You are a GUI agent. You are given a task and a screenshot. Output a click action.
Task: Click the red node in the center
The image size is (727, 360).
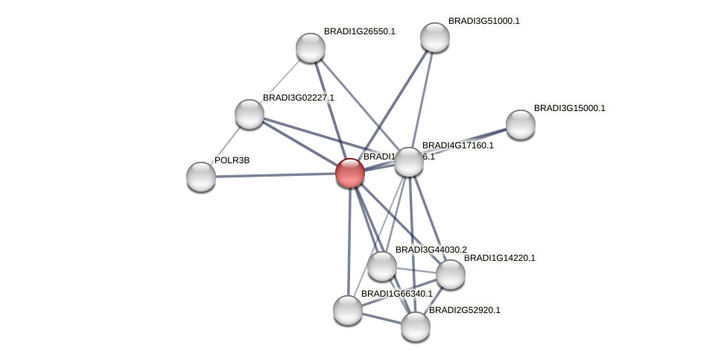(349, 173)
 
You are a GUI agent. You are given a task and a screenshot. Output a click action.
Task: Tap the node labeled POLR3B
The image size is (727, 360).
(201, 177)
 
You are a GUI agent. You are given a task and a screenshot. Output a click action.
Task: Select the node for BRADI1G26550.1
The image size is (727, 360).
(311, 48)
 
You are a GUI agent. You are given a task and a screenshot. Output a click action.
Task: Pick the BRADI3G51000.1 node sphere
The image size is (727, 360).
(435, 37)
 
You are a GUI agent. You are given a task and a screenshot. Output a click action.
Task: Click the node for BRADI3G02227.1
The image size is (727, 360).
(250, 114)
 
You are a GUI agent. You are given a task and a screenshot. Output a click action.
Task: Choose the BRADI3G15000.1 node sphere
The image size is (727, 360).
(521, 124)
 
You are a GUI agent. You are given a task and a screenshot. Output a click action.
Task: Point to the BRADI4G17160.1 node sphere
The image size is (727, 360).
(409, 162)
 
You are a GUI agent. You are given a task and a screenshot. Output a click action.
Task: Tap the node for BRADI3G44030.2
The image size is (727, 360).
(382, 266)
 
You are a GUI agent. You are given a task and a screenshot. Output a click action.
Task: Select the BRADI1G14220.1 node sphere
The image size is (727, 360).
(451, 274)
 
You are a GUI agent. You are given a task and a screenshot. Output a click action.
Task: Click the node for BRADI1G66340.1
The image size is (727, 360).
(348, 310)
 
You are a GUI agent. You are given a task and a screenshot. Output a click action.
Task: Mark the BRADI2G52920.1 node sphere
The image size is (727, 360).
(416, 326)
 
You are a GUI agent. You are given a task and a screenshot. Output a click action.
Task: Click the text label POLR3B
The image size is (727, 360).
(232, 160)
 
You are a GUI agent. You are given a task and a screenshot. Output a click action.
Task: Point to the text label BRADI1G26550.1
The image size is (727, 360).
(360, 31)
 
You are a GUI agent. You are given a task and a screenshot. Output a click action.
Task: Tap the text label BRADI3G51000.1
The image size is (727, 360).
(484, 21)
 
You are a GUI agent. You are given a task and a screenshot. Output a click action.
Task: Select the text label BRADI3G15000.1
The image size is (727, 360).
(570, 108)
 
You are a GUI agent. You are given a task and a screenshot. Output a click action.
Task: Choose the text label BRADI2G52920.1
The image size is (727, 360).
(465, 309)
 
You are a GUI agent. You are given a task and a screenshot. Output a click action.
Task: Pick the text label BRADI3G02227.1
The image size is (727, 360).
(299, 98)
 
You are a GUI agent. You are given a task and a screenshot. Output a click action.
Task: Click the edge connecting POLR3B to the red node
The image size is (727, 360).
(276, 175)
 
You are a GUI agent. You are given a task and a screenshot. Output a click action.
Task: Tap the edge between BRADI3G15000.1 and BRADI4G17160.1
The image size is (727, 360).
(465, 143)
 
